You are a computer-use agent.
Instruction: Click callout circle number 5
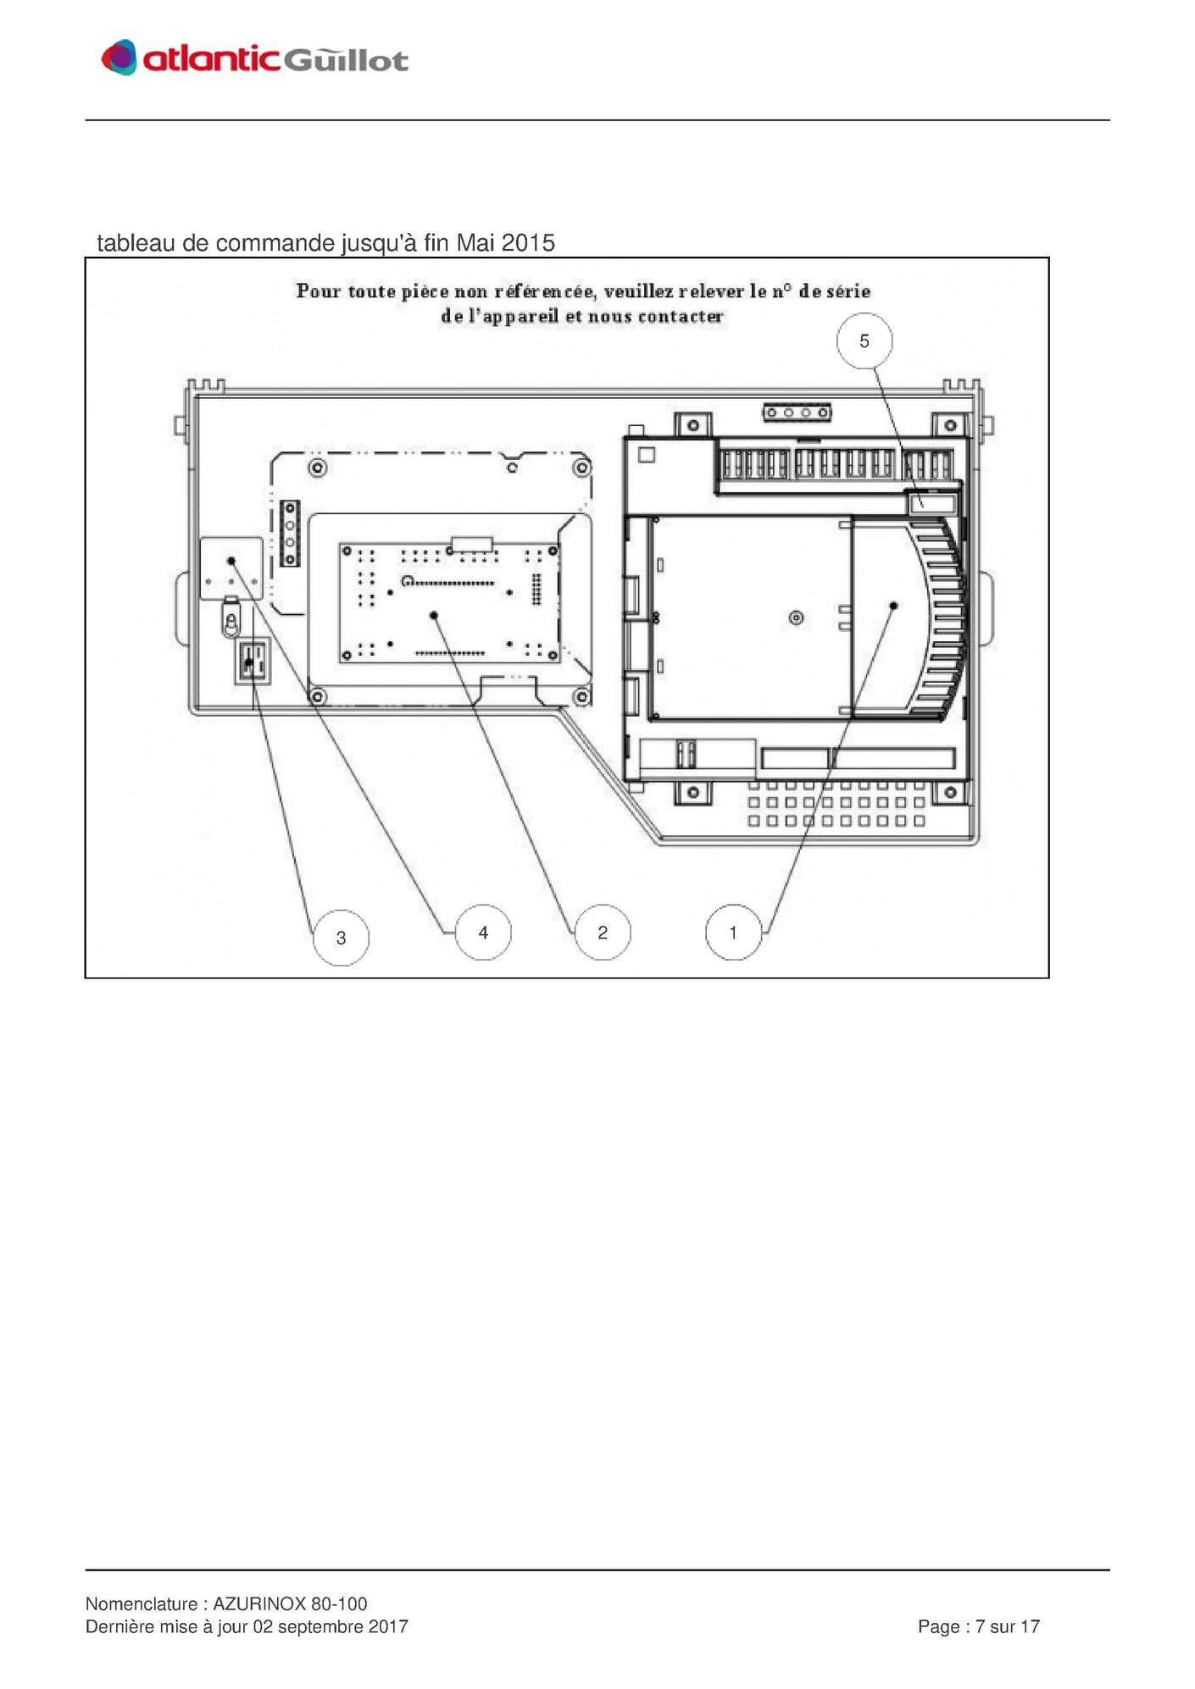tap(864, 341)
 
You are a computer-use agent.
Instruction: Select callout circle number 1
tap(733, 933)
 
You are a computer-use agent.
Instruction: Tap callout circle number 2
tap(603, 933)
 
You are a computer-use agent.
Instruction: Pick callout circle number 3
tap(341, 938)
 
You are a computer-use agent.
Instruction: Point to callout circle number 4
tap(483, 933)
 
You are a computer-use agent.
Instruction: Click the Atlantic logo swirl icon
tap(119, 58)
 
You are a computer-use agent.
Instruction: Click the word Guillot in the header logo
tap(345, 59)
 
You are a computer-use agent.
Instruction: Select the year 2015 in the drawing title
tap(528, 243)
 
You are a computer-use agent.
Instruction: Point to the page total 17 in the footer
tap(1030, 1626)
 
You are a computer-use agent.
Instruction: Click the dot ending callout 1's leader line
tap(893, 606)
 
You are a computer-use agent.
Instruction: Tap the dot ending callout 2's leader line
tap(434, 615)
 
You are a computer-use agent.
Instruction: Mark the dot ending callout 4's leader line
tap(231, 561)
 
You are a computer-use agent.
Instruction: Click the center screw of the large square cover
tap(796, 617)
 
